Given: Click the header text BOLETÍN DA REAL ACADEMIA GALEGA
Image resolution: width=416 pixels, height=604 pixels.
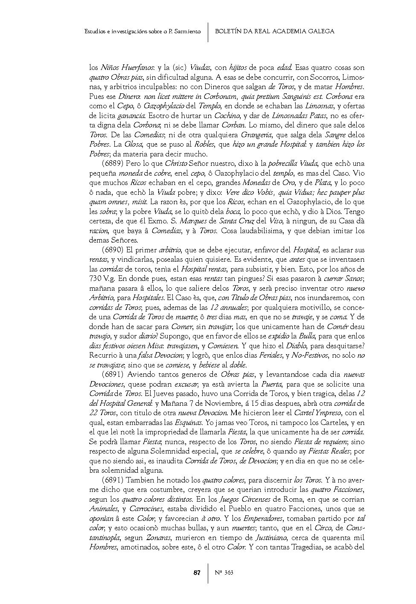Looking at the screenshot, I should pyautogui.click(x=275, y=31).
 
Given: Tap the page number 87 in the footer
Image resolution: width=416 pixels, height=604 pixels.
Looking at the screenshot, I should pyautogui.click(x=197, y=572).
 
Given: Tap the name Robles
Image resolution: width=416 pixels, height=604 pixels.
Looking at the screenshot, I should pyautogui.click(x=205, y=144).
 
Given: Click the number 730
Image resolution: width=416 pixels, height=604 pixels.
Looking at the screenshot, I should pyautogui.click(x=96, y=279).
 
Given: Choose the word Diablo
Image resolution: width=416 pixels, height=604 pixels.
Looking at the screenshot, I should pyautogui.click(x=296, y=346).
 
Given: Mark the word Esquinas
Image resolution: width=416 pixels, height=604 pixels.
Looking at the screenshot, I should pyautogui.click(x=189, y=422).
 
